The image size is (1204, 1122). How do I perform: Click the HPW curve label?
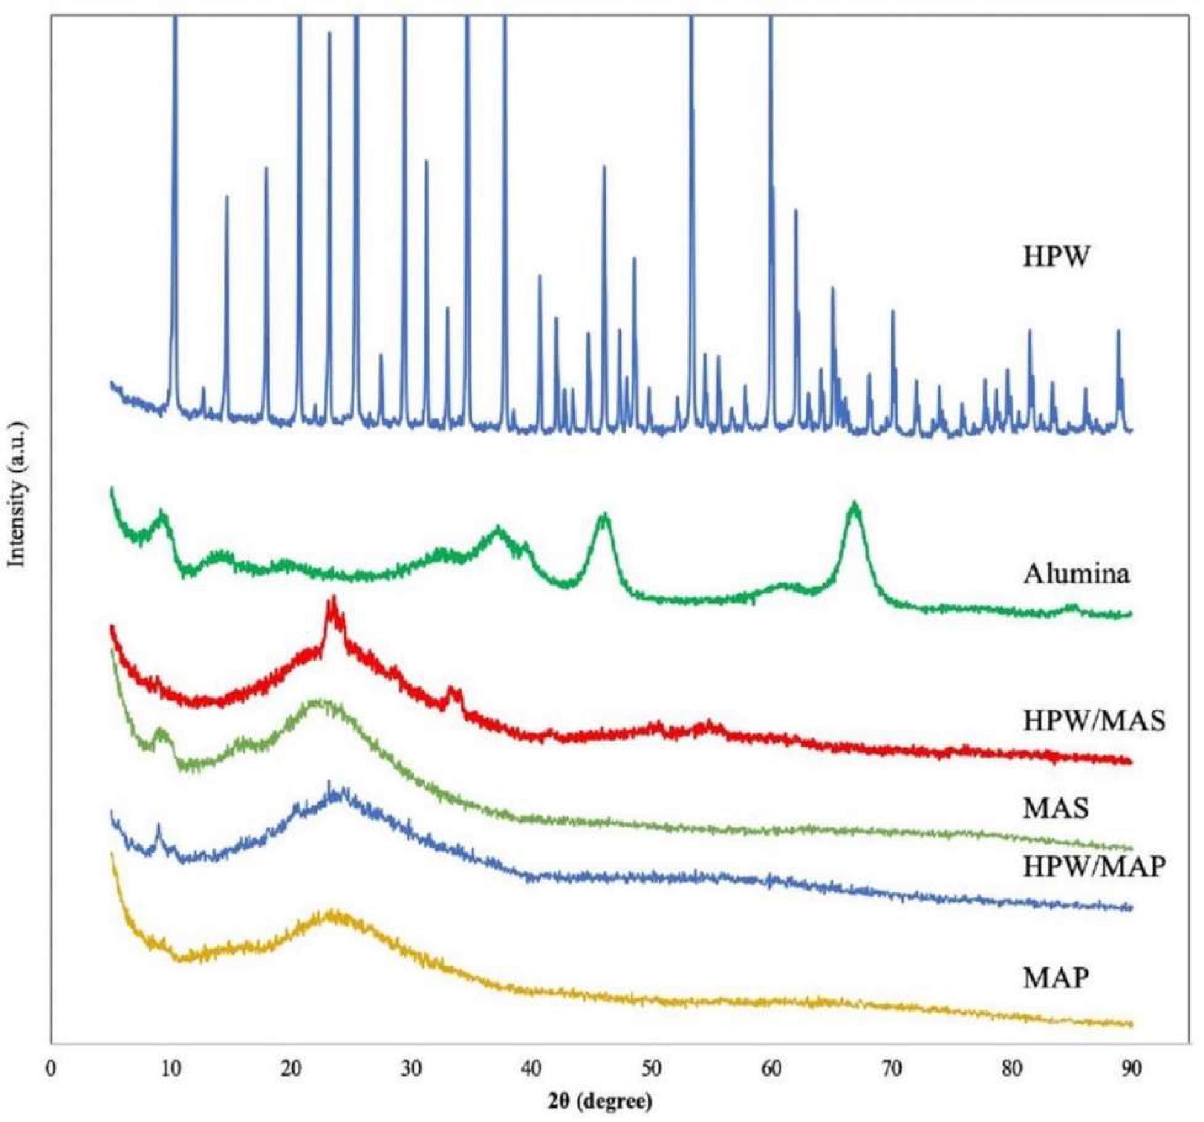point(1057,257)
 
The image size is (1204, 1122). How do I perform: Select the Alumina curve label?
point(1076,574)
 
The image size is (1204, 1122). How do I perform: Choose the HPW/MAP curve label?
point(1094,867)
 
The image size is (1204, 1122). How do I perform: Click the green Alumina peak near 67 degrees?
point(855,504)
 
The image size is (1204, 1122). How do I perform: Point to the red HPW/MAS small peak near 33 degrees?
point(450,689)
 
